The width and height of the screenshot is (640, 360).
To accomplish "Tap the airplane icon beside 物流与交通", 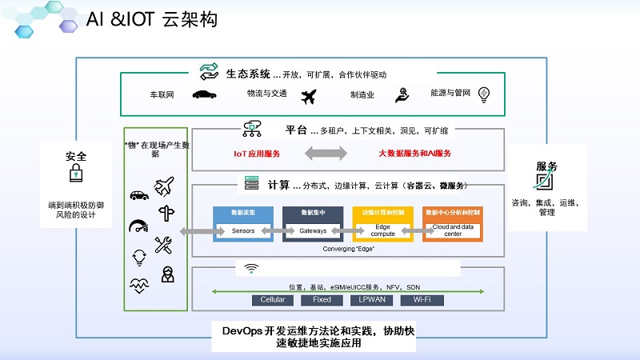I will (309, 96).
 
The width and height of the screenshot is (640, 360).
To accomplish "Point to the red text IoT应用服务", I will (257, 153).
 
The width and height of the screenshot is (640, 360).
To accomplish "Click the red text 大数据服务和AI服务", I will (415, 153).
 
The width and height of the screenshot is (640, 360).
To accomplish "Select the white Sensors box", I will (242, 231).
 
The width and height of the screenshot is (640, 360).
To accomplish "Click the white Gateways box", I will (313, 231).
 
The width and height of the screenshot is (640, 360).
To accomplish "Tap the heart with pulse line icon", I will (138, 284).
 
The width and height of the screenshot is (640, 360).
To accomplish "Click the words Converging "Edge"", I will (349, 249).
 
